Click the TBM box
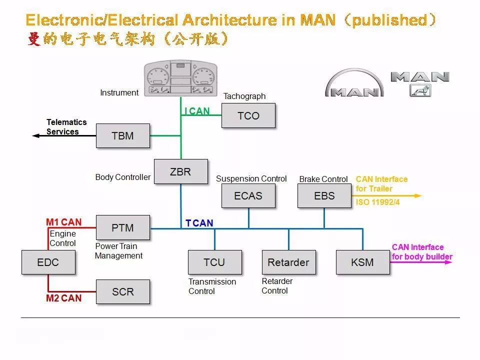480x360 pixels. (122, 135)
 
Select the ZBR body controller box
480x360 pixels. (180, 171)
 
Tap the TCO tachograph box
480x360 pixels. (248, 115)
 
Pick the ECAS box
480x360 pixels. (248, 195)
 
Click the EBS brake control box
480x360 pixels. (324, 195)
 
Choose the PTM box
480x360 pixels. (122, 227)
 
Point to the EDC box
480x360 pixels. (48, 262)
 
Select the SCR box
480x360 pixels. (122, 291)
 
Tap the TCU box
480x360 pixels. (214, 262)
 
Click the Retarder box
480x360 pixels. (288, 262)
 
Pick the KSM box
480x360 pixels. (362, 262)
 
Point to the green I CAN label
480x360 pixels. (197, 111)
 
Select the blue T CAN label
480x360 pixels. (199, 223)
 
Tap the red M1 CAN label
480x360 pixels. (63, 222)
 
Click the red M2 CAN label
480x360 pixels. (63, 298)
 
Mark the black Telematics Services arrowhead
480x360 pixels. (35, 135)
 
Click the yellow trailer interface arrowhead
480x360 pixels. (418, 195)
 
